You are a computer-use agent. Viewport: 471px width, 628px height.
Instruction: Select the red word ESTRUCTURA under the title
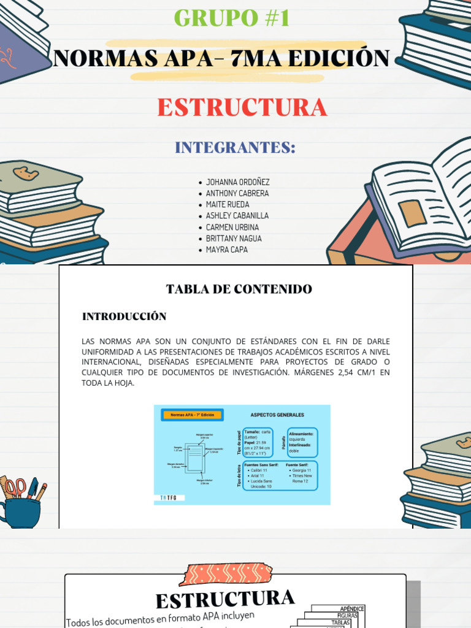(242, 107)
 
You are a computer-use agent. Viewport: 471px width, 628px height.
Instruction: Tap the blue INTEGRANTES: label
(235, 148)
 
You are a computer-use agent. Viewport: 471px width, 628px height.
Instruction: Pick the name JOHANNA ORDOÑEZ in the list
(237, 182)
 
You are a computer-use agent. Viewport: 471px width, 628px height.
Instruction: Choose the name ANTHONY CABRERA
(237, 193)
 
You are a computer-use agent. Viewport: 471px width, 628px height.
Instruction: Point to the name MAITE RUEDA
(228, 204)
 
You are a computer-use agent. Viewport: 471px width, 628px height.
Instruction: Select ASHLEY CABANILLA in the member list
(237, 216)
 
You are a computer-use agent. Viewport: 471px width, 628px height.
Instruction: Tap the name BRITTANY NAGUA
(234, 239)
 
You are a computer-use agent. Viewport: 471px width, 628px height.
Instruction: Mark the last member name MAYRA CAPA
(226, 250)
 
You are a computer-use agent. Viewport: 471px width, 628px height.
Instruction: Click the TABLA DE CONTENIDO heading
(239, 289)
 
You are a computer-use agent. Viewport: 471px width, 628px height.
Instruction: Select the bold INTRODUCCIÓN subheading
(124, 316)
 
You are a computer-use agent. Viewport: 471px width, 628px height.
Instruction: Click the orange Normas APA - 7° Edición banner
(193, 415)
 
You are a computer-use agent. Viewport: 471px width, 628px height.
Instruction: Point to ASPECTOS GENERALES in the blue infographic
(277, 415)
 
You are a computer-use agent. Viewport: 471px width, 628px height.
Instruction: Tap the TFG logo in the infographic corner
(168, 497)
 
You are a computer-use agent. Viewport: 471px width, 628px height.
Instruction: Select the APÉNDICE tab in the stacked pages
(352, 609)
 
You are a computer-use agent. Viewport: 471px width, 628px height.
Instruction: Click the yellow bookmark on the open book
(412, 212)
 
